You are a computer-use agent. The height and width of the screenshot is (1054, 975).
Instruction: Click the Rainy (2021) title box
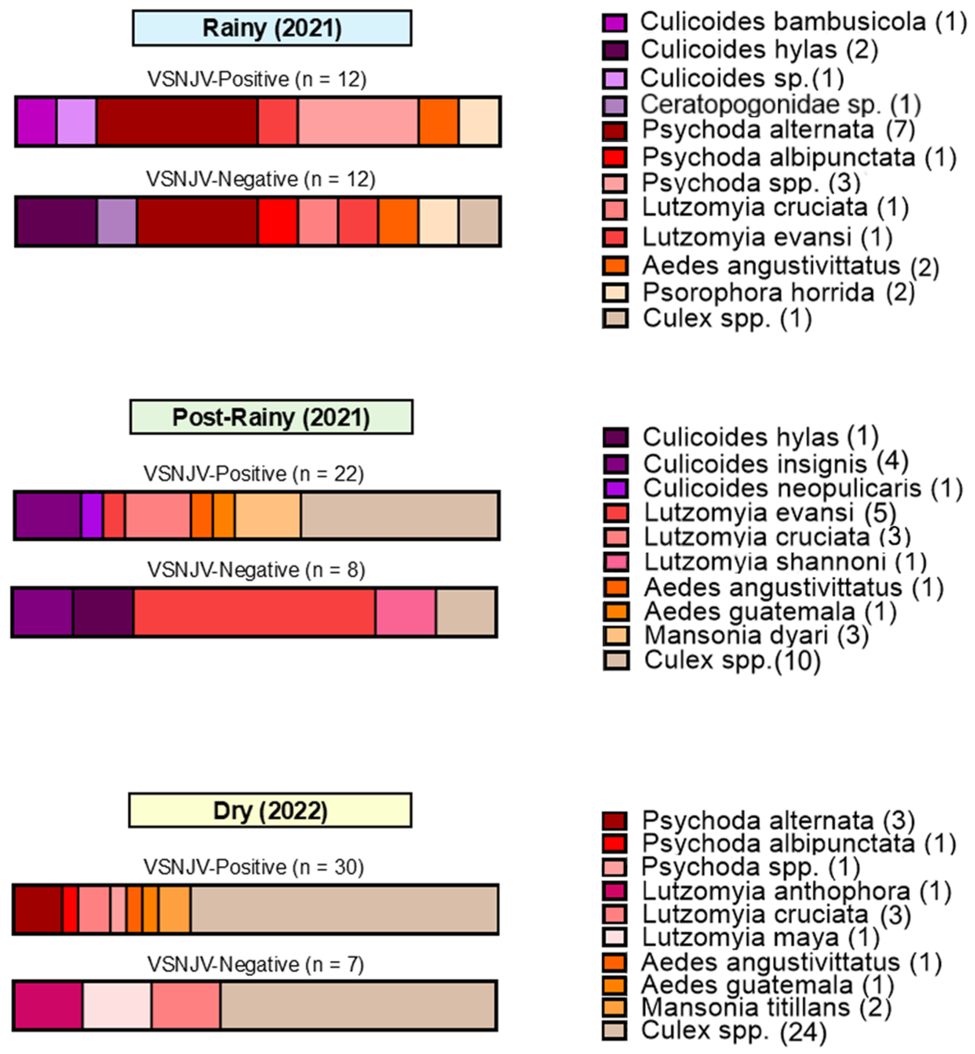272,28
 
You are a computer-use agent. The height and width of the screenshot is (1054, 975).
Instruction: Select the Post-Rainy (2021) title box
271,417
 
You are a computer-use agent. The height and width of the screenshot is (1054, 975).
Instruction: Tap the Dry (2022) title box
270,810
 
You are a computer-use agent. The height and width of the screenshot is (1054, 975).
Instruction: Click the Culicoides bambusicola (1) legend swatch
615,23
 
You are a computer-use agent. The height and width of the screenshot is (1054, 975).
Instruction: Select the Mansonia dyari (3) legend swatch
616,636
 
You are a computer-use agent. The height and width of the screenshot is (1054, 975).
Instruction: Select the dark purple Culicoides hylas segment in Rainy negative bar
56,222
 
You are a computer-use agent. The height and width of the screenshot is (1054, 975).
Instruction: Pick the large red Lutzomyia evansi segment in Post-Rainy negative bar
254,612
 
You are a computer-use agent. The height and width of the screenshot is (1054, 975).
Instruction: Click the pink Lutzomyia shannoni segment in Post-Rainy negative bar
405,612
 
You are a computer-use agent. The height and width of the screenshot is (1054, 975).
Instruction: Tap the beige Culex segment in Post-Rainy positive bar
400,516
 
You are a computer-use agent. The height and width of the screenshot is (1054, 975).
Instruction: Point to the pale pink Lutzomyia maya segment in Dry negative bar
117,1005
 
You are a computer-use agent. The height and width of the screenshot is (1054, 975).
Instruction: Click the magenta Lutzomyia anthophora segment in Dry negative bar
48,1005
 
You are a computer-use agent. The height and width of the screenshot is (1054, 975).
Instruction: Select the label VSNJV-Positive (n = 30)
254,867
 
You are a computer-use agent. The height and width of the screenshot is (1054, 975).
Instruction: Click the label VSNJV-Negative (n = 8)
256,570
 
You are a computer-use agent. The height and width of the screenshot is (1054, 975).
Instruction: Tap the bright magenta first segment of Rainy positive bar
36,121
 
